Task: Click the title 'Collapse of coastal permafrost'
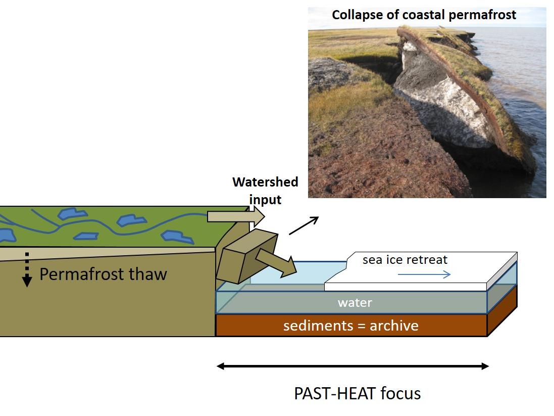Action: coord(424,15)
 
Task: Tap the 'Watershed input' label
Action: coord(265,191)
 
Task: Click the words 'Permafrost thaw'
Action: coord(103,274)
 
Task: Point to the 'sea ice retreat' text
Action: coord(405,260)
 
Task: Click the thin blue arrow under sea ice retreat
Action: coord(424,274)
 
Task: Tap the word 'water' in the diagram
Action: coord(355,303)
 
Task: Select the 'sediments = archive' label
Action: coord(350,325)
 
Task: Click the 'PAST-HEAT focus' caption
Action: coord(357,393)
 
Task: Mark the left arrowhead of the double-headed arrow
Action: coord(221,366)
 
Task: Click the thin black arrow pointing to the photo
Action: coord(304,225)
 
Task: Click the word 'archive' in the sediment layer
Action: coord(394,325)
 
